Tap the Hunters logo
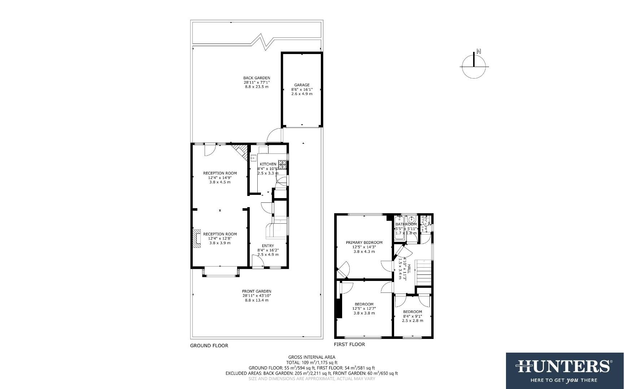(564, 370)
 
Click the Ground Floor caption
(209, 346)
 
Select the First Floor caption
(349, 344)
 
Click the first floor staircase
(424, 272)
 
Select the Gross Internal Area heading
(311, 357)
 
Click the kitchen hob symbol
(282, 164)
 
